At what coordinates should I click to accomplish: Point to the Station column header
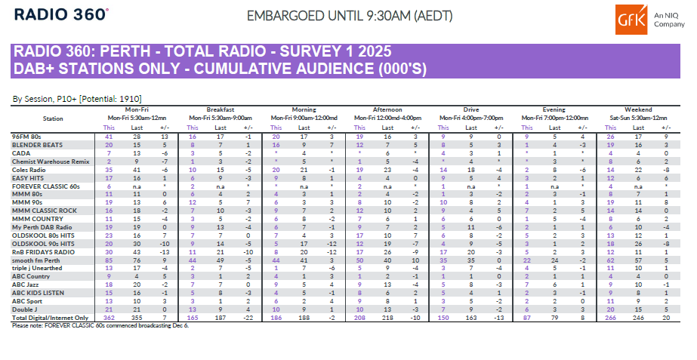(x=53, y=118)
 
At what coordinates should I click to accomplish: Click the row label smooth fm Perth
(x=36, y=260)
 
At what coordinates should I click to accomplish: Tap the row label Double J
(x=25, y=308)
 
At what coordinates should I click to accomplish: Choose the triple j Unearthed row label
(x=39, y=266)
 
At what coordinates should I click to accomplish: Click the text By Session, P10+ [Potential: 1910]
(x=78, y=99)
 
